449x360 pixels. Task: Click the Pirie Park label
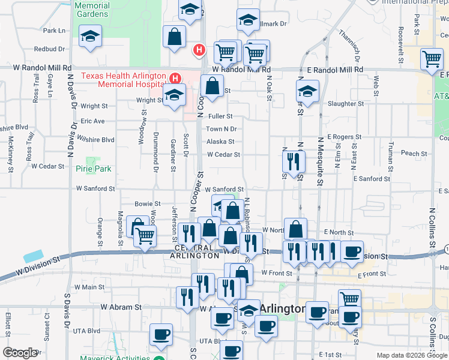[x=93, y=169]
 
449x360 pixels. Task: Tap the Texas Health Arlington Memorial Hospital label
[x=124, y=80]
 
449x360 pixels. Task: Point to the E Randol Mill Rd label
[x=335, y=70]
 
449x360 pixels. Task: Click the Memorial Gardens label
[x=92, y=9]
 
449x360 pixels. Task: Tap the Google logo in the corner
[x=19, y=352]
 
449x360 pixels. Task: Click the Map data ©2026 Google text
[x=412, y=355]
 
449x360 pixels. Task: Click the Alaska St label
[x=220, y=142]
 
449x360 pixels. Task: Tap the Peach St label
[x=414, y=154]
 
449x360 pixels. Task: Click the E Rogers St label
[x=344, y=137]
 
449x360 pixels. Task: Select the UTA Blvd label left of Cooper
[x=86, y=331]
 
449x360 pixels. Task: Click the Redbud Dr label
[x=49, y=49]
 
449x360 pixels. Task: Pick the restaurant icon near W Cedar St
[x=294, y=161]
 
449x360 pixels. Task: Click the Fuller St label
[x=221, y=116]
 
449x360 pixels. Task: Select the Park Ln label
[x=53, y=30]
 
